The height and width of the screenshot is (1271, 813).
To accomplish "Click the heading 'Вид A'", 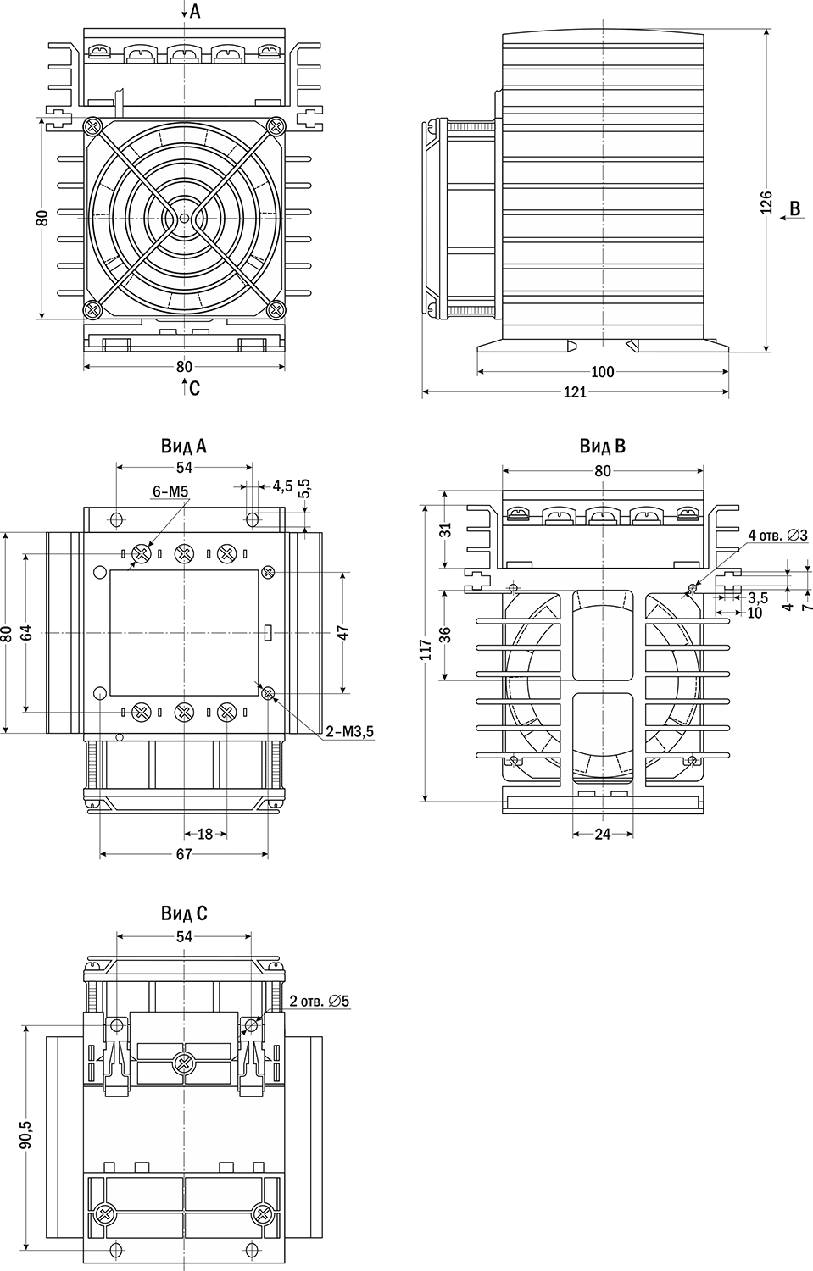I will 184,446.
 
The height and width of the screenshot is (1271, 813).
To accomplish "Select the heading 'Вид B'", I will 602,446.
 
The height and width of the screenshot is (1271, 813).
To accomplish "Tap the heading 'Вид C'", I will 184,913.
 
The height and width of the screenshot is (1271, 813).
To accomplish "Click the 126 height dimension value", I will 766,204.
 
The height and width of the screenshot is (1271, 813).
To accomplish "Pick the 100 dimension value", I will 602,372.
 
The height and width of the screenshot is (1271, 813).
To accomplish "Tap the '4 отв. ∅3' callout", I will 777,535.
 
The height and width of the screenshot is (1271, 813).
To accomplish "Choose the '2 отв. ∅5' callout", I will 320,1002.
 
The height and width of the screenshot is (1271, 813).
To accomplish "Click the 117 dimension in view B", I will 426,650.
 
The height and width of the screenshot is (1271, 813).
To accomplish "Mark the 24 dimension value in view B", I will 603,834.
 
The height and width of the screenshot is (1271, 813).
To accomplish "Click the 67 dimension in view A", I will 184,855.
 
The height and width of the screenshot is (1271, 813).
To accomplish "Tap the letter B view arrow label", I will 794,208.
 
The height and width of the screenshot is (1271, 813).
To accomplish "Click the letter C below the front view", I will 194,389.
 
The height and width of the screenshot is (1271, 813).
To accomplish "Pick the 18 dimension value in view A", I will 205,834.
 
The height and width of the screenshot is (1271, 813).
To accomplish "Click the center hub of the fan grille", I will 184,218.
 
